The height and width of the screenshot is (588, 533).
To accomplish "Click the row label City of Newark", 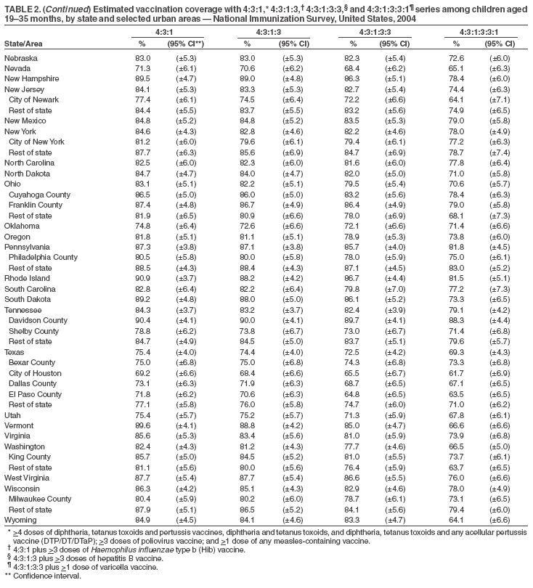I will (x=33, y=99).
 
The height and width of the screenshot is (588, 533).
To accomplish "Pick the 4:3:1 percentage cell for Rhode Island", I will (x=142, y=278).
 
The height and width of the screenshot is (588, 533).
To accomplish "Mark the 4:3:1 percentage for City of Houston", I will (x=142, y=373).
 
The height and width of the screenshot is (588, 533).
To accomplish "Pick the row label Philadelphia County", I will (x=44, y=257).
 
